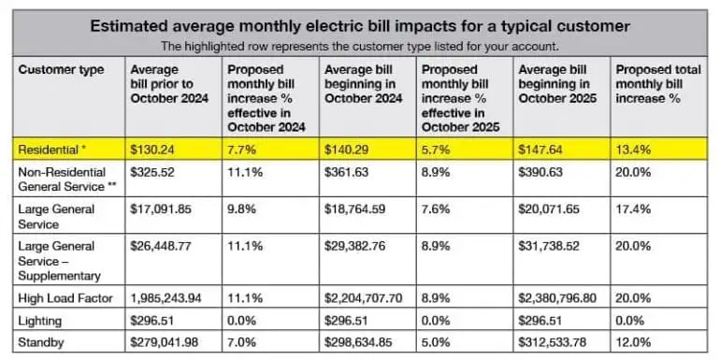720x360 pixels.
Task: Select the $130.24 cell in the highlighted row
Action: (151, 150)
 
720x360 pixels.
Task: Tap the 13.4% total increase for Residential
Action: (633, 150)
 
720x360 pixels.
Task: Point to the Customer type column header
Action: (61, 70)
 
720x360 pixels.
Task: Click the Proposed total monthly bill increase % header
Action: (658, 84)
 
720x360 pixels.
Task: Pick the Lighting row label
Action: (39, 321)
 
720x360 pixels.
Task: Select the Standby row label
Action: (41, 342)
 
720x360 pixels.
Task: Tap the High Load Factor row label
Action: (65, 298)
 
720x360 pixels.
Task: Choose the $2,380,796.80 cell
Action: (557, 298)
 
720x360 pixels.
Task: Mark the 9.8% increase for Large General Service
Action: (242, 209)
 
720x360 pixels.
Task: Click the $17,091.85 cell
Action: (161, 209)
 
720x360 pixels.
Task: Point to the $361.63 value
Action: (346, 172)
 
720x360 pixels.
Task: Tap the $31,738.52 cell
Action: (549, 246)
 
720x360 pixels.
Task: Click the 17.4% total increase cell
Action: (633, 209)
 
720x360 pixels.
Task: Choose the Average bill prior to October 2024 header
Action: (169, 84)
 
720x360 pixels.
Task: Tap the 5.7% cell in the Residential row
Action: (436, 150)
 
